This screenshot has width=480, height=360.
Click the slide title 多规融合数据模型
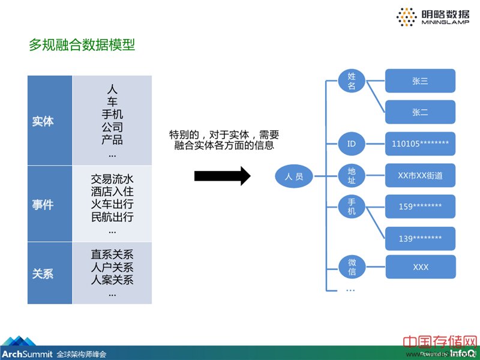point(82,45)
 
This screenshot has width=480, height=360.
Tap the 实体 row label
point(43,121)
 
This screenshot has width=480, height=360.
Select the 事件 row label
point(43,205)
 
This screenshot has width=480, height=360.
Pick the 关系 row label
point(43,274)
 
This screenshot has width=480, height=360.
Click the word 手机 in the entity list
point(112,114)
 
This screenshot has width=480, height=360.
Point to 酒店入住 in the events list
point(112,192)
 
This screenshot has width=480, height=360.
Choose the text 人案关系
point(112,281)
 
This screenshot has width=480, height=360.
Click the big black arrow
point(221,176)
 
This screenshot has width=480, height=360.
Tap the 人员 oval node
point(294,176)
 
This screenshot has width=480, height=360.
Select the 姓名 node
point(352,80)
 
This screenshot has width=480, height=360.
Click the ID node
point(352,144)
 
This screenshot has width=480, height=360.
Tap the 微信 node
point(352,267)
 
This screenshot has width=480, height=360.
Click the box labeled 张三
point(420,80)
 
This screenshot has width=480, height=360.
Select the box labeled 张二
point(420,112)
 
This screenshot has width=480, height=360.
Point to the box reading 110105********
point(420,144)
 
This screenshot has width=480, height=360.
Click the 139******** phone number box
point(420,238)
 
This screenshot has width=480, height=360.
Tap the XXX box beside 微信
point(420,267)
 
